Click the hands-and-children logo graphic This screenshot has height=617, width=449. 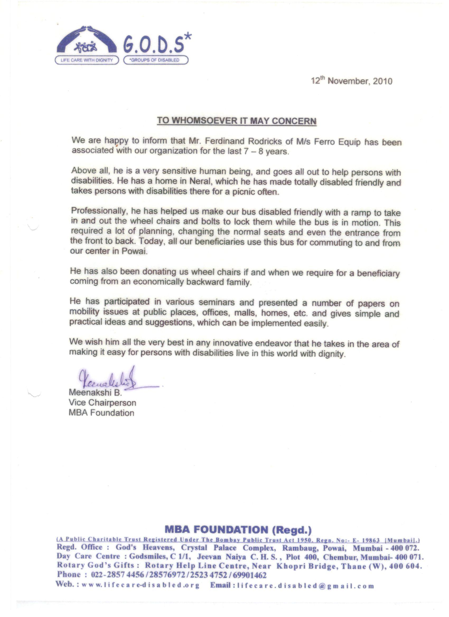86,41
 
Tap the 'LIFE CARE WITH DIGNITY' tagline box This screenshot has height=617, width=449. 87,60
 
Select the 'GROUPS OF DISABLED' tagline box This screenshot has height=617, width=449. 156,60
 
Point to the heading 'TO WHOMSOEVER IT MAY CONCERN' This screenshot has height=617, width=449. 237,121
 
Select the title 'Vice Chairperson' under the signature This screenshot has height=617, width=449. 102,402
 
